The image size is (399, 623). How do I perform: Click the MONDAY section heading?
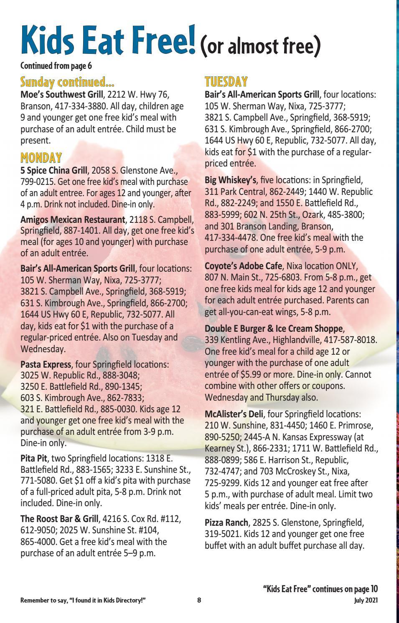[41, 158]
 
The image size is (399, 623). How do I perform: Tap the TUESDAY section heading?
[226, 81]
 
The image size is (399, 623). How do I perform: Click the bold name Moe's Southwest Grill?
[61, 95]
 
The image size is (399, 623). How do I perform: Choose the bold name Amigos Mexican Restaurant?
[73, 219]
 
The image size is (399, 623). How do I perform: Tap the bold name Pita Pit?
[33, 459]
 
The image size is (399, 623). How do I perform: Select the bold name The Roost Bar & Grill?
[59, 519]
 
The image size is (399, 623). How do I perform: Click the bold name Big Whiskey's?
[230, 180]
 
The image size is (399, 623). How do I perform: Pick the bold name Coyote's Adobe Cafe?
[243, 266]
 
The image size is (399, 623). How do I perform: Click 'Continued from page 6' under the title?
[56, 66]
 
